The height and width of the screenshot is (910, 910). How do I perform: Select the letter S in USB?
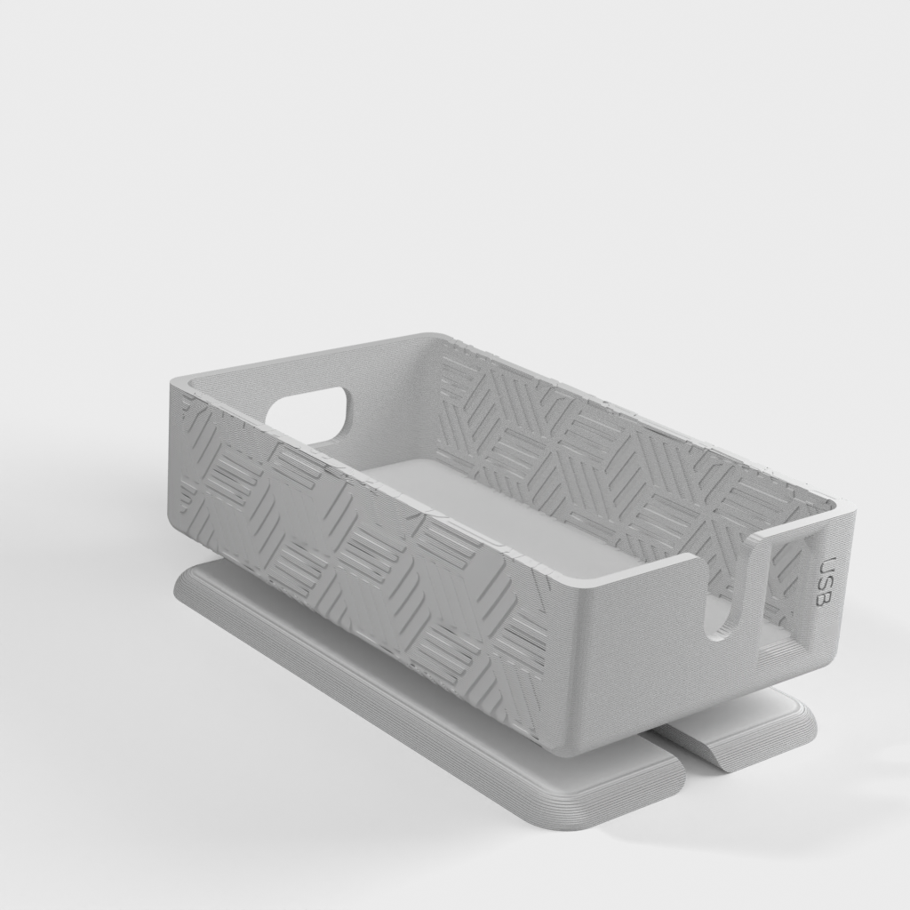click(826, 582)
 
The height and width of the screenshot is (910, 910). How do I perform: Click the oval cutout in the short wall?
click(308, 410)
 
